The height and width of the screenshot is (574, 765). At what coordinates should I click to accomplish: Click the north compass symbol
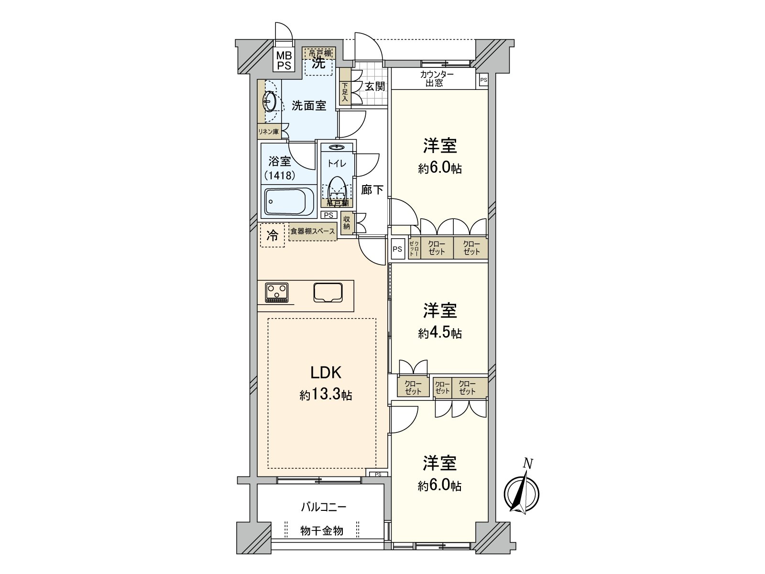click(522, 492)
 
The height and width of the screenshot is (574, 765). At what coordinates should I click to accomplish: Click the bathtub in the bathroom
click(288, 201)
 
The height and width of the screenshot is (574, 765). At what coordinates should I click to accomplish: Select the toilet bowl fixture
click(337, 188)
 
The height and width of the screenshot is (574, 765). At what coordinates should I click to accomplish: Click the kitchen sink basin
click(328, 292)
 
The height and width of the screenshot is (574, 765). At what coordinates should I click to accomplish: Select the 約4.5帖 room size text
click(440, 333)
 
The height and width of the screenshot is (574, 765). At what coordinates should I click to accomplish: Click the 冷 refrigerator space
click(273, 235)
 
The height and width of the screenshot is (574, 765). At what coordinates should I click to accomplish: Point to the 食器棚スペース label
click(313, 232)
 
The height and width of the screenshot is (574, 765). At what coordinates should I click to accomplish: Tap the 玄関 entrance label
click(375, 87)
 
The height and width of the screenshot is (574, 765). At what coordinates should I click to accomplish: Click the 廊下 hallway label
click(372, 190)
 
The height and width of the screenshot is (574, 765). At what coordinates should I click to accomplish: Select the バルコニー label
click(324, 507)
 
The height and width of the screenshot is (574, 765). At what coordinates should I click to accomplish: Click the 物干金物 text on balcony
click(322, 530)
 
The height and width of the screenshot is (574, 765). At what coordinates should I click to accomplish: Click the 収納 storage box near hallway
click(347, 223)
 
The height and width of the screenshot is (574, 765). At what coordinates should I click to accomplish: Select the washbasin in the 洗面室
click(269, 101)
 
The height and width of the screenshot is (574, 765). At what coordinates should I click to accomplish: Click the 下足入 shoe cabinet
click(344, 92)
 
